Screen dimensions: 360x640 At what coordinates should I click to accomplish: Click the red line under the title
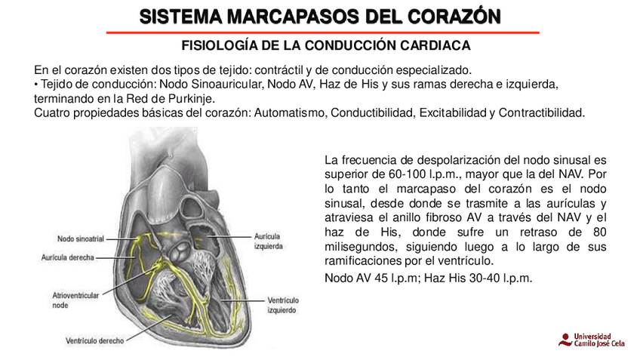322,32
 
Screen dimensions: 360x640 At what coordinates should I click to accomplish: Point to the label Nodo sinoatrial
81,238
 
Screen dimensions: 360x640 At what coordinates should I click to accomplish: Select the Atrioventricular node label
75,300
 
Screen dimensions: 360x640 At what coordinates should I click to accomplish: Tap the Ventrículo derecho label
94,340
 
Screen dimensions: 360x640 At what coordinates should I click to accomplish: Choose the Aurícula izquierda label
269,241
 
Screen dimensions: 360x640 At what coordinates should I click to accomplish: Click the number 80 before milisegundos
600,231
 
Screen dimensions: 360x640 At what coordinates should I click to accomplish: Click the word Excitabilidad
451,113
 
